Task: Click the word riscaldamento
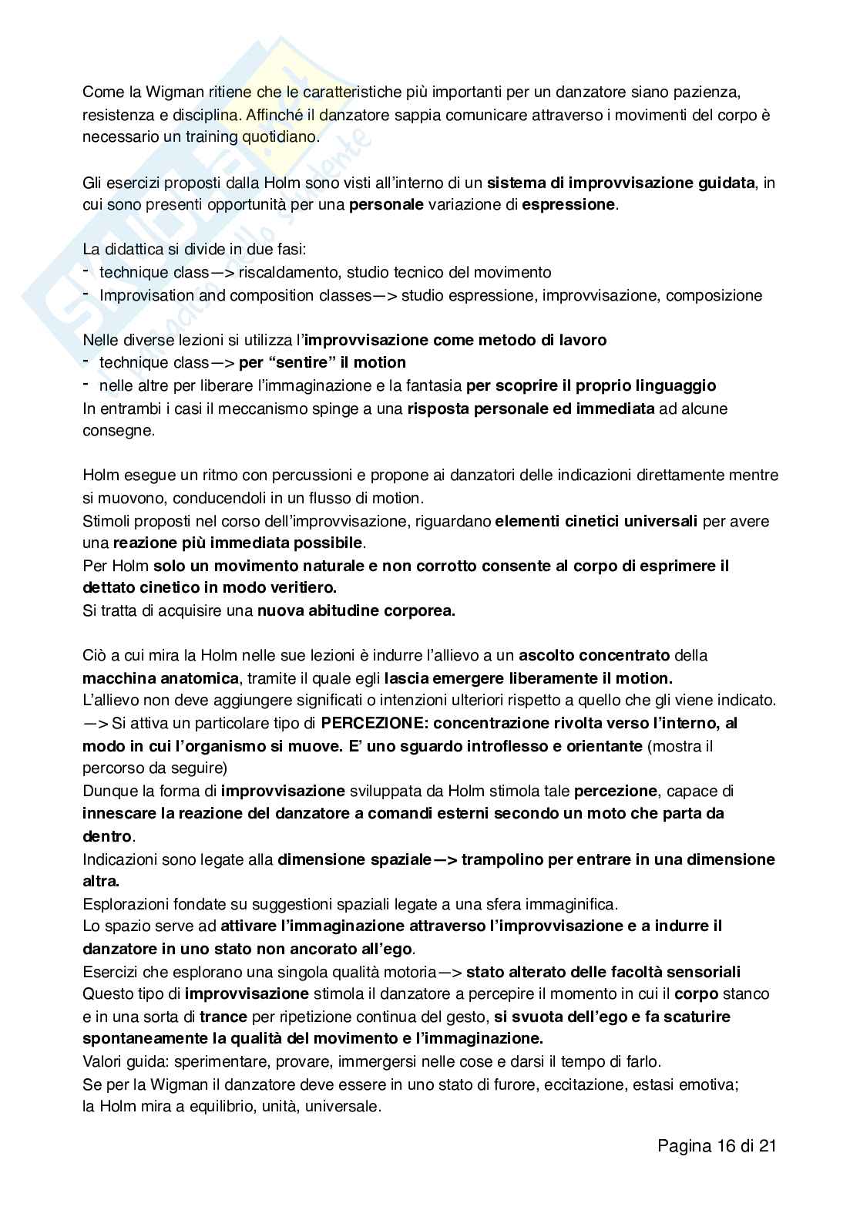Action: pos(291,272)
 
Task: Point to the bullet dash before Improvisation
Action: pos(86,294)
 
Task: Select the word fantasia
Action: pos(435,385)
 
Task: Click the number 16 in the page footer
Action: pos(725,1145)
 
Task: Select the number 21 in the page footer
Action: pos(766,1145)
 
